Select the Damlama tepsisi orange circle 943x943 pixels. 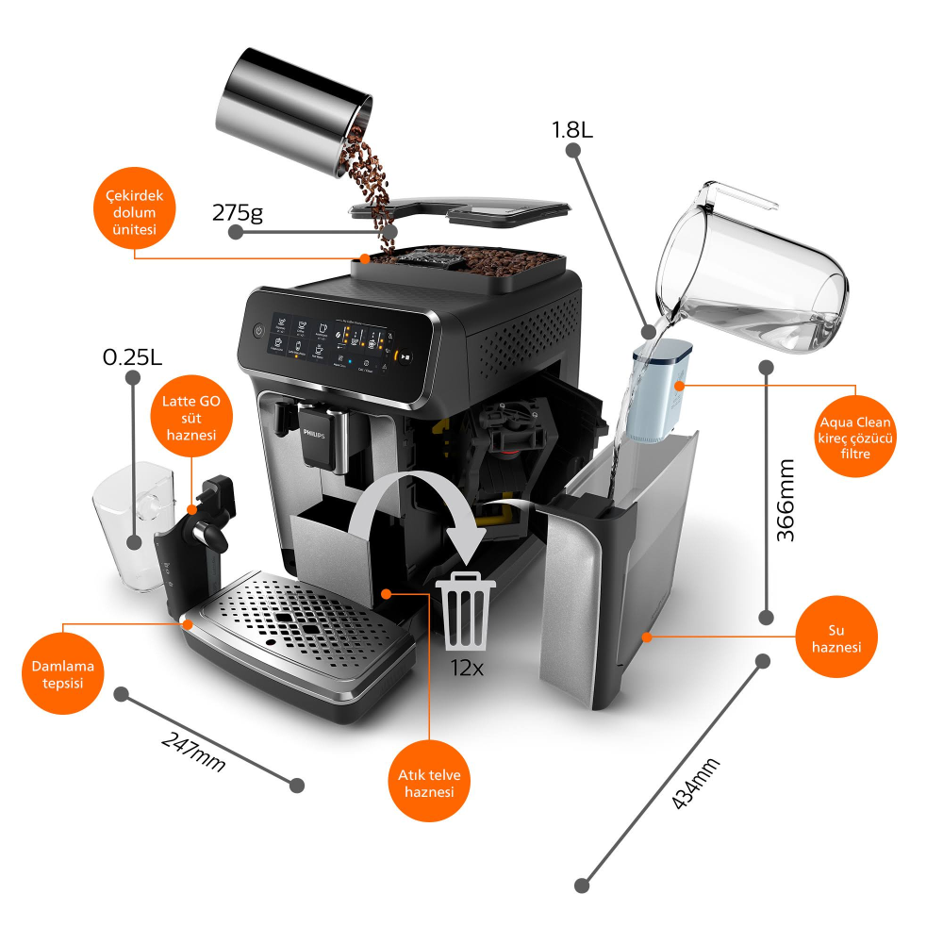64,673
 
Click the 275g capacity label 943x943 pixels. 237,212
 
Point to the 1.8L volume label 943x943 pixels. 572,129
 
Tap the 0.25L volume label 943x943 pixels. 132,358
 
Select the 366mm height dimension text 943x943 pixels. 785,500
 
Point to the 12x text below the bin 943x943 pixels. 466,668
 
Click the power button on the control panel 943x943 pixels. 259,331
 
